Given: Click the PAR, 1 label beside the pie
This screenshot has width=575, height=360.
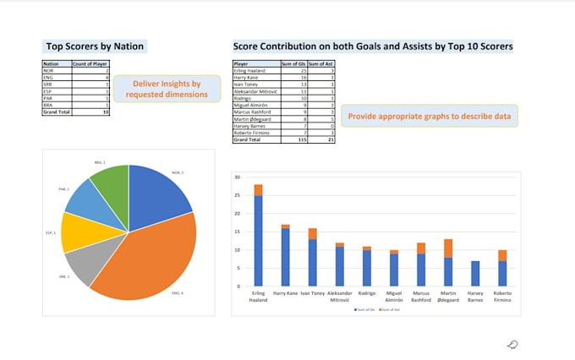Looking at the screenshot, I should (63, 189).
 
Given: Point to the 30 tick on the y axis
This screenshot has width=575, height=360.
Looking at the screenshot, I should (238, 177).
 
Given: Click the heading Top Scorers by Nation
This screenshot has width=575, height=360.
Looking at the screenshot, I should (94, 46).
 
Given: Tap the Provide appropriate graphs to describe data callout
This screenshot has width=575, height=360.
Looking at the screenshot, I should (429, 116).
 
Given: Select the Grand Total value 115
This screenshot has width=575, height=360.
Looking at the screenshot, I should (297, 140).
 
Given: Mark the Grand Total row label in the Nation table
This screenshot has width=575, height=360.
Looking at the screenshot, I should (57, 111).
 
